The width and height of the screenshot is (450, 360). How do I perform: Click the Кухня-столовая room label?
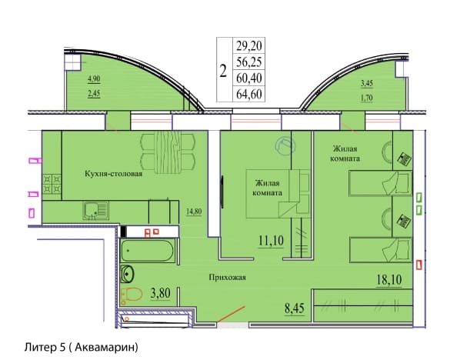113,174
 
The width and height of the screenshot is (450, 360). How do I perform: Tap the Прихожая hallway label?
227,278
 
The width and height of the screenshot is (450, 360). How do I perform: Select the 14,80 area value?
194,212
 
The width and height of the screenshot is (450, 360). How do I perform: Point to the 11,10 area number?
271,241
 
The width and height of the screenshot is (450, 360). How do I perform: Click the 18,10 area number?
389,279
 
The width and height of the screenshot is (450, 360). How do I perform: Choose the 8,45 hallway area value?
295,308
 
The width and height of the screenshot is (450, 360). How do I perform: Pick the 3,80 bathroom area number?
161,293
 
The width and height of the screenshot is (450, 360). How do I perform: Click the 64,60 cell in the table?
248,94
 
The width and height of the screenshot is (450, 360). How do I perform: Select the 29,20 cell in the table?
248,45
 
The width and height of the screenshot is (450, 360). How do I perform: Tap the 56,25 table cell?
248,62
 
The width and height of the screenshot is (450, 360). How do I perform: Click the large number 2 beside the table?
223,71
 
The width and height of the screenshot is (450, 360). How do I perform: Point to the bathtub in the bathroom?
148,251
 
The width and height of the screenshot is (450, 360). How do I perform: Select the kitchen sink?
95,211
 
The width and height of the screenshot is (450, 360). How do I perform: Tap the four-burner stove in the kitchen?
52,184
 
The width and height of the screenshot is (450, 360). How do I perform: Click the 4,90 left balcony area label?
94,79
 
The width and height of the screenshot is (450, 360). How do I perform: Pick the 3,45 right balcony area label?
366,84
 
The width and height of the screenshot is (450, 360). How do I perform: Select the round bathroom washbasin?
127,274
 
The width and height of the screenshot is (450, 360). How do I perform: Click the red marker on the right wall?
418,265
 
